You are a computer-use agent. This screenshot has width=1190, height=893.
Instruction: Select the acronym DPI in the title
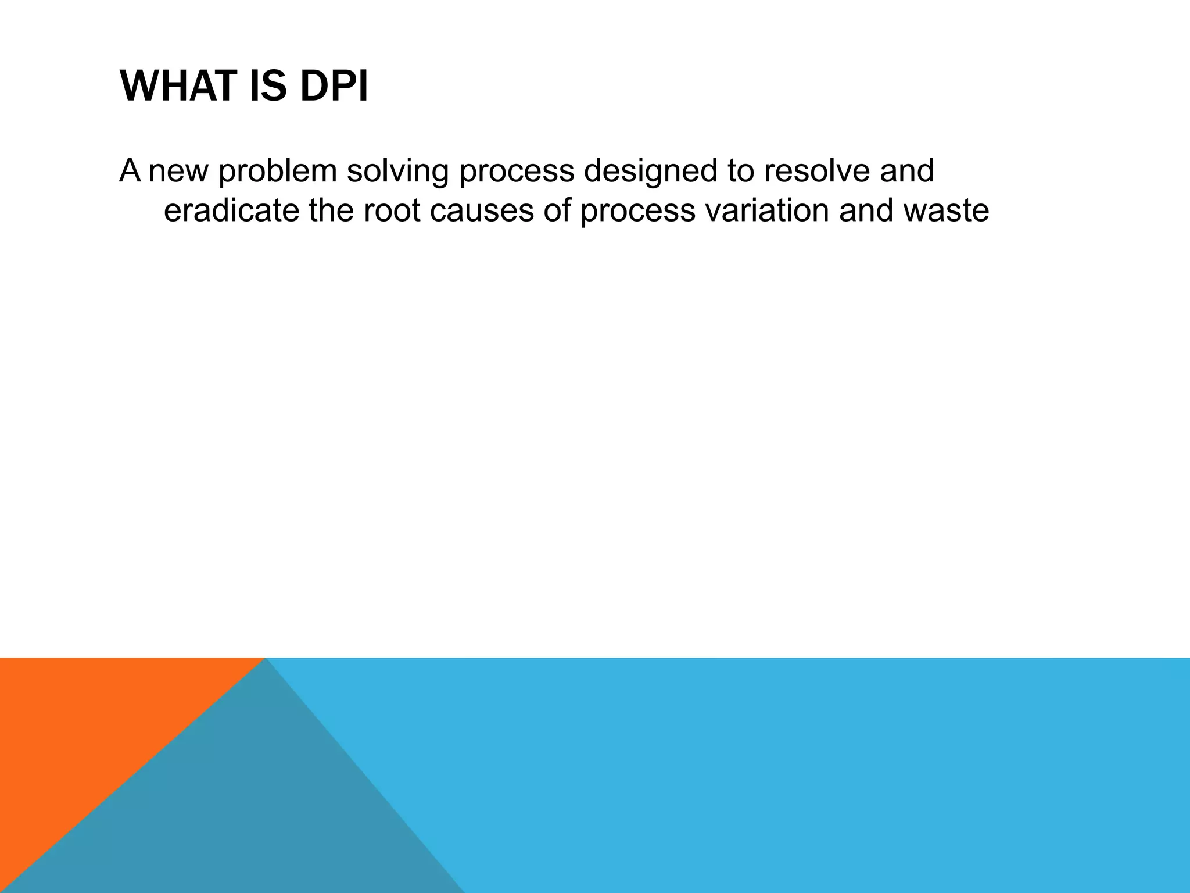pos(334,87)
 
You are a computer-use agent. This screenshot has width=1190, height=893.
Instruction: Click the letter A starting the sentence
pos(130,171)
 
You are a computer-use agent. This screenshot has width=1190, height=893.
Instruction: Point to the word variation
pos(767,210)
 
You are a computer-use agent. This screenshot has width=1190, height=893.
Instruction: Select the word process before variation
pos(637,210)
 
